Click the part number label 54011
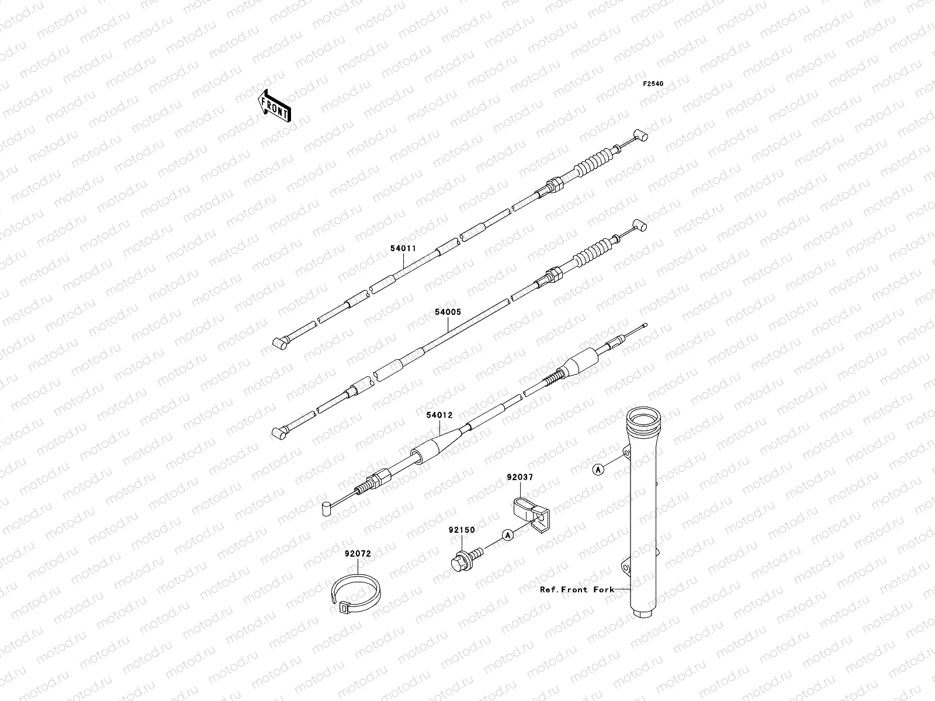tap(403, 248)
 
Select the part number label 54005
tap(448, 312)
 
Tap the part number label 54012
tap(439, 415)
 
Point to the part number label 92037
tap(520, 477)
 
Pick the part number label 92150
tap(462, 530)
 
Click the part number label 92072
tap(358, 553)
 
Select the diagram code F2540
tap(653, 84)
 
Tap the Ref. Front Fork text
tap(577, 589)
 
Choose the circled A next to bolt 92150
tap(508, 534)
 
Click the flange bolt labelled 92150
tap(465, 556)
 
